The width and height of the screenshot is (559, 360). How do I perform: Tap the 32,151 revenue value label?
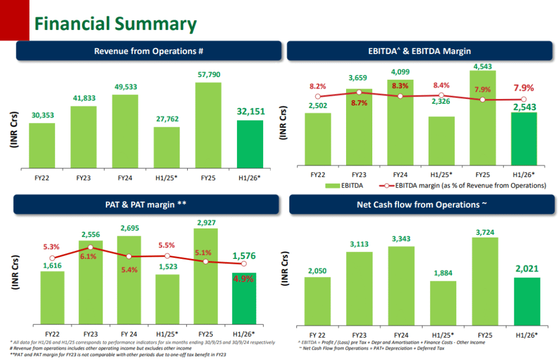point(250,111)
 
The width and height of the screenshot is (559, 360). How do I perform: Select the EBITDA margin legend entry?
point(464,186)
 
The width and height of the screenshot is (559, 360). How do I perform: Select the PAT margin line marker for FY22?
point(52,258)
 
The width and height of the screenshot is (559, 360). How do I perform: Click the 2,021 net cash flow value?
point(527,269)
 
